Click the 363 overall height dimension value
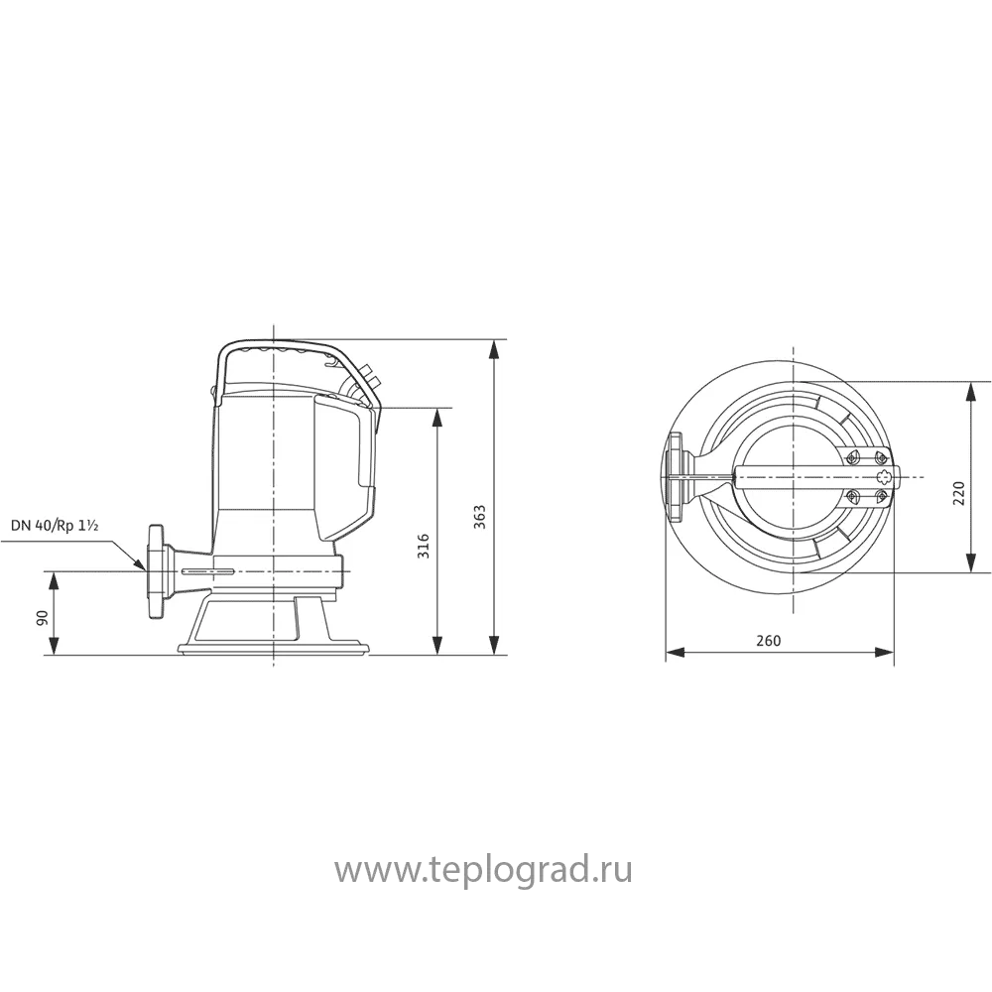[x=480, y=516]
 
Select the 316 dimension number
[x=423, y=545]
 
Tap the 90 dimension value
[x=42, y=618]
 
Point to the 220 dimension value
[x=958, y=493]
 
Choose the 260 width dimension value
[x=768, y=641]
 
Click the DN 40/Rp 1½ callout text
[x=55, y=526]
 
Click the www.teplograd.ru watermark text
[x=483, y=871]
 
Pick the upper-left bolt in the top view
[x=851, y=458]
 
